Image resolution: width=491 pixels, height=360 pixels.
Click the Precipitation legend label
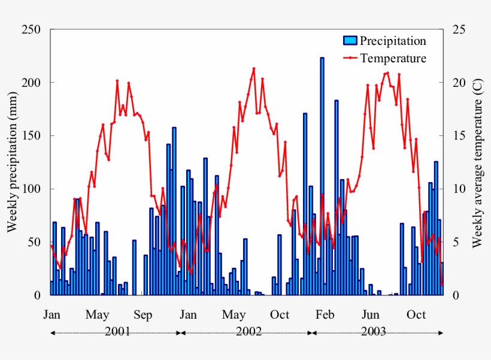pyautogui.click(x=393, y=41)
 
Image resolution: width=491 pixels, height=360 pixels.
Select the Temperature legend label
pyautogui.click(x=393, y=58)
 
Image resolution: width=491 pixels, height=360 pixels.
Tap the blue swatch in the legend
pyautogui.click(x=350, y=41)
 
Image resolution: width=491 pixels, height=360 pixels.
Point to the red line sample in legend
pyautogui.click(x=350, y=58)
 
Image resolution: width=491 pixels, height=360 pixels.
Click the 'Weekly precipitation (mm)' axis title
pyautogui.click(x=12, y=162)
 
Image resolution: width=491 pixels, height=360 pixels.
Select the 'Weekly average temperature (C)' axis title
pyautogui.click(x=477, y=162)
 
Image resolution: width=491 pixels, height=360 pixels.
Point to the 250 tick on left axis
pyautogui.click(x=31, y=29)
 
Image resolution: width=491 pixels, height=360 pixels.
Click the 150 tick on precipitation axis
pyautogui.click(x=31, y=135)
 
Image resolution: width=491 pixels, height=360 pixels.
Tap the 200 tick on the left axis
pyautogui.click(x=31, y=83)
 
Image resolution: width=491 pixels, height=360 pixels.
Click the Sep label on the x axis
pyautogui.click(x=143, y=314)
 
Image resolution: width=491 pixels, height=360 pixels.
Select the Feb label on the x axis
pyautogui.click(x=325, y=314)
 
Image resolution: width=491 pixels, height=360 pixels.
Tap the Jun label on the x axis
pyautogui.click(x=371, y=314)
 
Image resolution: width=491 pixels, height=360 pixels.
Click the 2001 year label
pyautogui.click(x=117, y=331)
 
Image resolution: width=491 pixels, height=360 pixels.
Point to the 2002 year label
pyautogui.click(x=248, y=331)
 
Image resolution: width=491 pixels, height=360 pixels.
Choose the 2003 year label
pyautogui.click(x=374, y=331)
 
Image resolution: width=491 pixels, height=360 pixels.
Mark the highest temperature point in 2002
pyautogui.click(x=254, y=68)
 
